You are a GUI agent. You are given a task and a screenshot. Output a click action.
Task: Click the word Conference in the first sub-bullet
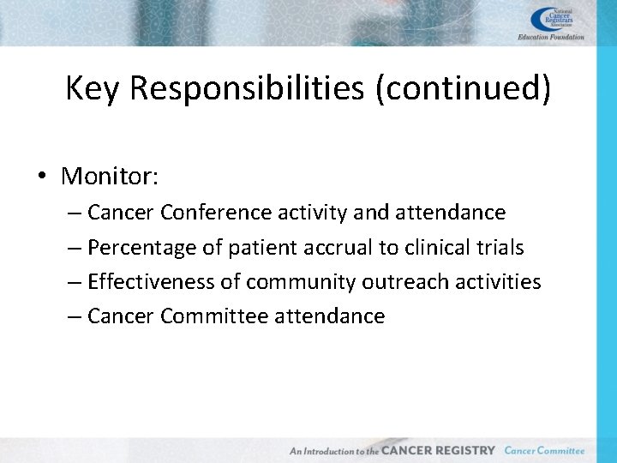[x=214, y=212]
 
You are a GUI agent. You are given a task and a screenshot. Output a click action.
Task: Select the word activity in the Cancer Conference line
[x=312, y=212]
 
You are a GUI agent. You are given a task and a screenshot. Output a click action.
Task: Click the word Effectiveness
[x=154, y=281]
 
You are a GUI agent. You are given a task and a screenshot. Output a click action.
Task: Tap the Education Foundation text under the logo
[x=551, y=38]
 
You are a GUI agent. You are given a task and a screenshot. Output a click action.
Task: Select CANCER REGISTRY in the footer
[x=438, y=450]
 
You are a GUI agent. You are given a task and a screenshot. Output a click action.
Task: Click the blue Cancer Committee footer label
[x=544, y=450]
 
